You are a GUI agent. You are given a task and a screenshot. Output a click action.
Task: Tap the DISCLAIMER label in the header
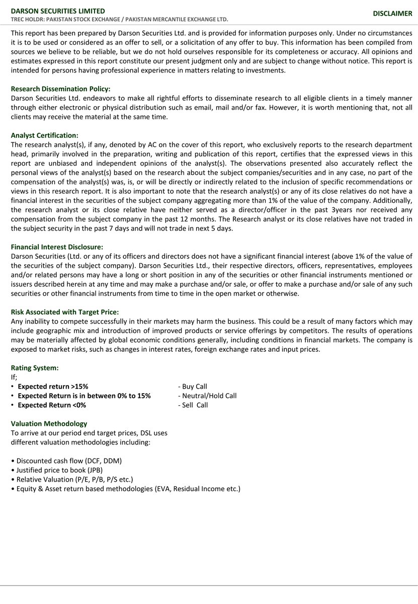(392, 14)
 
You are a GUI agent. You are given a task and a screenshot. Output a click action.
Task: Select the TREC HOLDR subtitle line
(119, 20)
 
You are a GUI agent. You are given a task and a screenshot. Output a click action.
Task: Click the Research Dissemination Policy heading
(60, 89)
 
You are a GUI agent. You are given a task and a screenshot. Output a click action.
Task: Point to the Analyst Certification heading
(45, 135)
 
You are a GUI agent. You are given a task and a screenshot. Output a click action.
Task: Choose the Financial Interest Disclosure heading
(57, 247)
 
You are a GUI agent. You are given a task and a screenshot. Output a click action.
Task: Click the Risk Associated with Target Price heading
(65, 312)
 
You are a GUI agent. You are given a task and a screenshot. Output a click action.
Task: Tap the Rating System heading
(35, 368)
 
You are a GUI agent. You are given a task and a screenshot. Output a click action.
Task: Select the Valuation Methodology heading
(49, 424)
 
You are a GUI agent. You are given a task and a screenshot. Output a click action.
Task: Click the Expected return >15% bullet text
(53, 387)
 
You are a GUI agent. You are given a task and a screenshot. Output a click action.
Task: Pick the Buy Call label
(193, 387)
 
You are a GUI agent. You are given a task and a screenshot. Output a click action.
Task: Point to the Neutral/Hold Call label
(207, 396)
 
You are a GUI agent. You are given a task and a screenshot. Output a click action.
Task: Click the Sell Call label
(193, 405)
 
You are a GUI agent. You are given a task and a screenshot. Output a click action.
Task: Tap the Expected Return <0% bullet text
(52, 405)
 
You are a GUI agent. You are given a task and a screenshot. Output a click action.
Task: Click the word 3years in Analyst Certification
(337, 210)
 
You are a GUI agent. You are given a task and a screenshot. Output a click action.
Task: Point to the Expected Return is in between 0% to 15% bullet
(84, 396)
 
